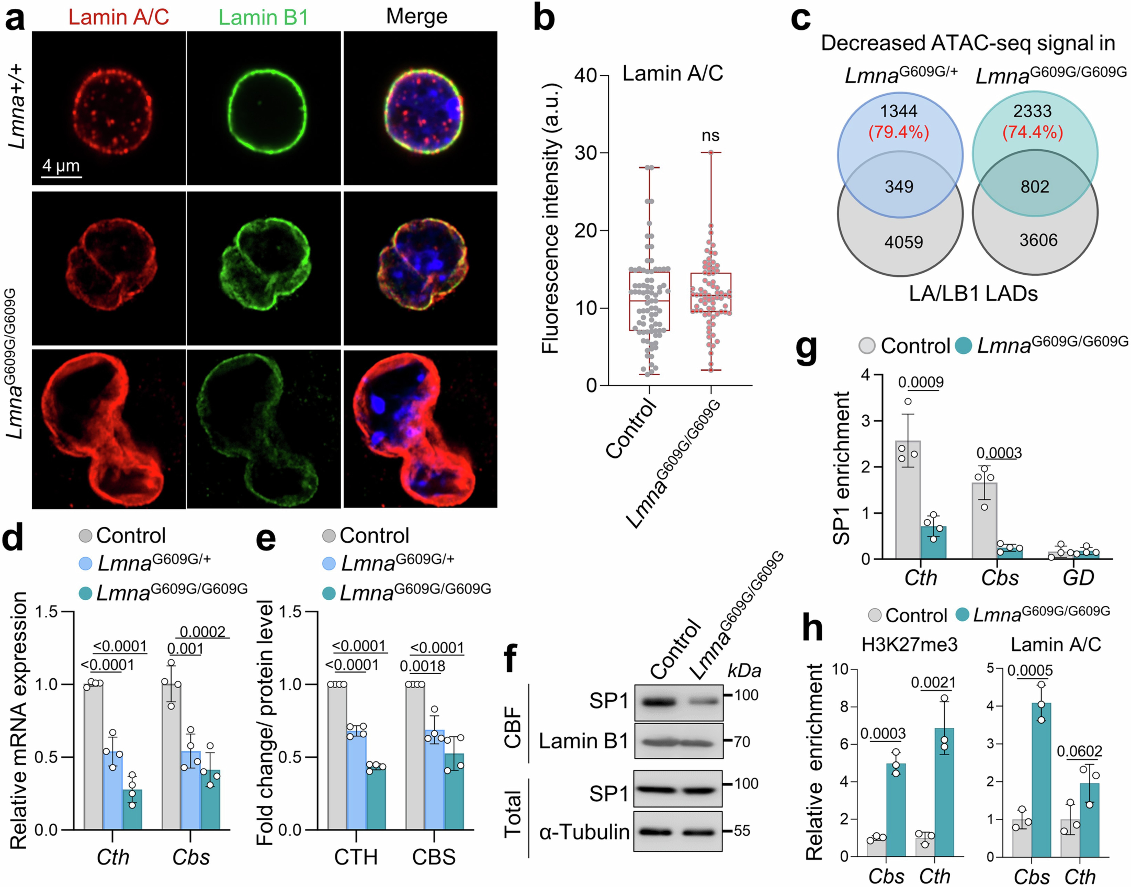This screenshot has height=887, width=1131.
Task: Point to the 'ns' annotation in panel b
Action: click(710, 136)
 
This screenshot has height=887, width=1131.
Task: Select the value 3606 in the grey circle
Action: click(1038, 240)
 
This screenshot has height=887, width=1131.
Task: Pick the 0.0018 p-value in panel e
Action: click(422, 666)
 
